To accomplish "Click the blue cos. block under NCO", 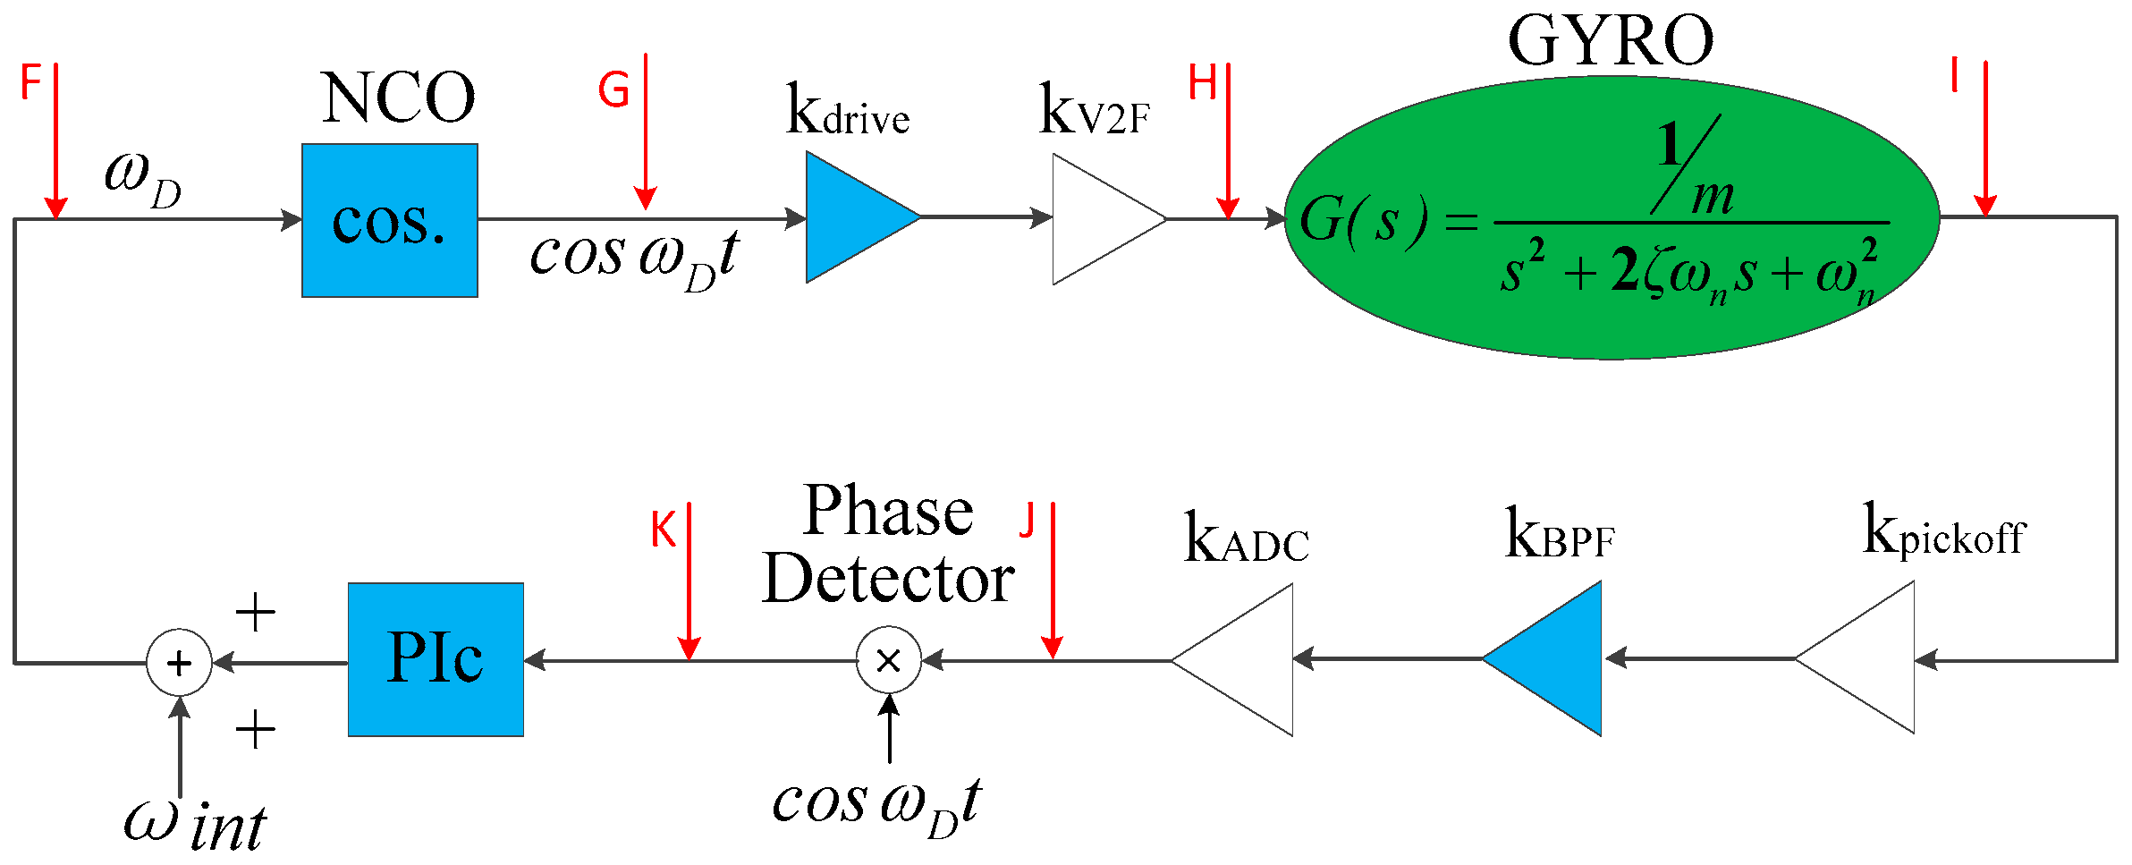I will click(389, 220).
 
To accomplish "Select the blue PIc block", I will click(436, 659).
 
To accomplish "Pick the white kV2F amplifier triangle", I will click(1100, 219).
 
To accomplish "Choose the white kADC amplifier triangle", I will click(1243, 660).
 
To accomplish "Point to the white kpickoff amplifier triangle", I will click(1865, 658).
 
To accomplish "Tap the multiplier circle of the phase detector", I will click(888, 660).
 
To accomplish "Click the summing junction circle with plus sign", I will click(179, 663).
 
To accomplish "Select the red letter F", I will click(30, 82).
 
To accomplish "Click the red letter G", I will click(613, 90).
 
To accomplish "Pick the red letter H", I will click(1202, 83).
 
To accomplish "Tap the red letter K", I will click(663, 530).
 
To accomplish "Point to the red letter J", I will click(1028, 521).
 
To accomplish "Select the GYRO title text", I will click(1610, 41).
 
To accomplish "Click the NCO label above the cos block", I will click(398, 98).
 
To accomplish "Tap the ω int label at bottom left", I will click(195, 825).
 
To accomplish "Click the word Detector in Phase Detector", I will click(888, 580).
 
